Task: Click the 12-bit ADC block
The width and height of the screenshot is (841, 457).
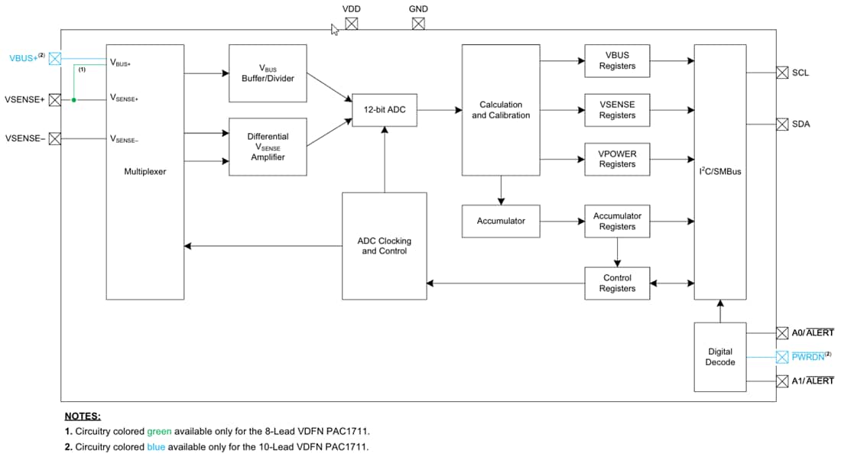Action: click(385, 110)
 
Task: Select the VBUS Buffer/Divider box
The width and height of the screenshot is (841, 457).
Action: click(268, 73)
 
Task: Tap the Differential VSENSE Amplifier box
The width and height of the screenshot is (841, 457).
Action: click(268, 147)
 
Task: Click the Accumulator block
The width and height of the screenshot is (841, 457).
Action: click(501, 221)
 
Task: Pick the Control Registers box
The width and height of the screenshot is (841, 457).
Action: click(617, 283)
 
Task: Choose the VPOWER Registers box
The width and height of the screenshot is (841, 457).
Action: click(617, 159)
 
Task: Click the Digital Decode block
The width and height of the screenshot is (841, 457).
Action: click(720, 357)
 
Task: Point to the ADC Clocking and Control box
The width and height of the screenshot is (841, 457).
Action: click(384, 246)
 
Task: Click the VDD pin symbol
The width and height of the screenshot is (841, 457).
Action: click(351, 24)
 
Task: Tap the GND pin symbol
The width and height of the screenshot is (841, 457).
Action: click(418, 24)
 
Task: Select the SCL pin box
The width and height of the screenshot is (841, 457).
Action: click(782, 73)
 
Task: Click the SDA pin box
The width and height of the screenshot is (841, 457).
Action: click(782, 125)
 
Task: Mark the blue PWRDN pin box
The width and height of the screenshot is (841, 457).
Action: click(782, 357)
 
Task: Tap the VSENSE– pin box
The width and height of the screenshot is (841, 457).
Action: click(55, 138)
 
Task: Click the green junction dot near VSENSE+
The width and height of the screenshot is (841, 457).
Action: click(74, 99)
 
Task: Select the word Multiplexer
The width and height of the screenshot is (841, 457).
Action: click(144, 172)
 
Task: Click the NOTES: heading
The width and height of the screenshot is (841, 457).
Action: click(83, 416)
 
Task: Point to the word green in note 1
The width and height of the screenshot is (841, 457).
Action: click(159, 432)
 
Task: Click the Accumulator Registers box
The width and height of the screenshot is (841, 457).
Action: click(617, 221)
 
